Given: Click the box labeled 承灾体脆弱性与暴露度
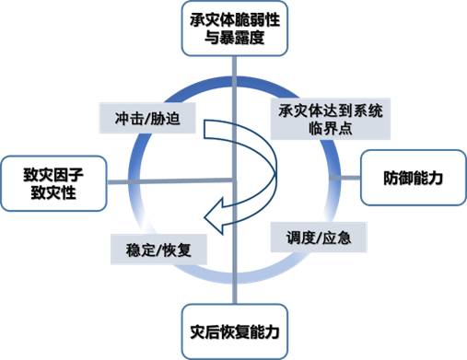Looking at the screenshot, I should click(x=235, y=29).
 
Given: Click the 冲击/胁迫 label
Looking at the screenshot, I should click(x=139, y=118).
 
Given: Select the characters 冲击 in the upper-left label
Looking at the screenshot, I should click(x=123, y=118).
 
